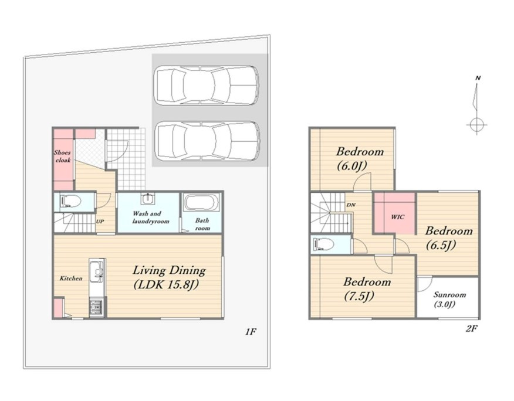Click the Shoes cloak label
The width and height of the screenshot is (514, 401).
[62, 157]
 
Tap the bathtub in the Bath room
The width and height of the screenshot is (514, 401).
[201, 203]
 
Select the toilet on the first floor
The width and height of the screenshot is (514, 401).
[70, 202]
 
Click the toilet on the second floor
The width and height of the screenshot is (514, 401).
[323, 244]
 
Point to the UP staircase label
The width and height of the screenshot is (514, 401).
[100, 222]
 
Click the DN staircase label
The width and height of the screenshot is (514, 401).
[351, 205]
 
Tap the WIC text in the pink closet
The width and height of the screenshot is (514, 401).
[398, 217]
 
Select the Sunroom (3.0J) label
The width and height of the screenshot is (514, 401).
[449, 299]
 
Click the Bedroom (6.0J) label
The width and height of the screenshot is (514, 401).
[360, 158]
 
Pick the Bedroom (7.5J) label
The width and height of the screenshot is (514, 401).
[367, 289]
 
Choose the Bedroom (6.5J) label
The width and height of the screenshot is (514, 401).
[448, 238]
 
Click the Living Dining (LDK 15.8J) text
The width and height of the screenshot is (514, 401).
[169, 277]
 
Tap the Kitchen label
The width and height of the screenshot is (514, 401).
[71, 278]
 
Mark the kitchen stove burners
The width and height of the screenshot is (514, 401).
[96, 307]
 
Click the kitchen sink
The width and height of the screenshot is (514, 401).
[97, 273]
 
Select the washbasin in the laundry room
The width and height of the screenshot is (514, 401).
[148, 199]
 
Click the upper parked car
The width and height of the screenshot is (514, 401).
[207, 86]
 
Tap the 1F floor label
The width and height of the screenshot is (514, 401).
[250, 332]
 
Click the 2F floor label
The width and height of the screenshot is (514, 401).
[471, 328]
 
